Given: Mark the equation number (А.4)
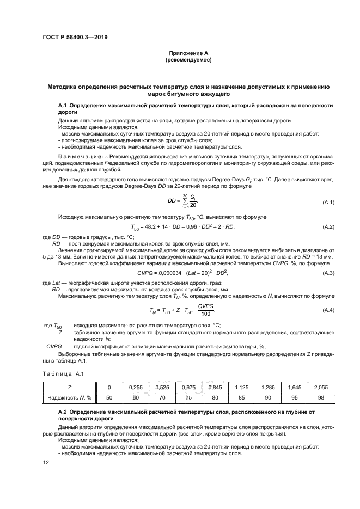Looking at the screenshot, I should click(x=327, y=310).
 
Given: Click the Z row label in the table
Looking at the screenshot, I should click(x=69, y=387).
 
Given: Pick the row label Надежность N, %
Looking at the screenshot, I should click(x=69, y=398).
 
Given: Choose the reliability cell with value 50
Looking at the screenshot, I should click(x=109, y=398).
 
